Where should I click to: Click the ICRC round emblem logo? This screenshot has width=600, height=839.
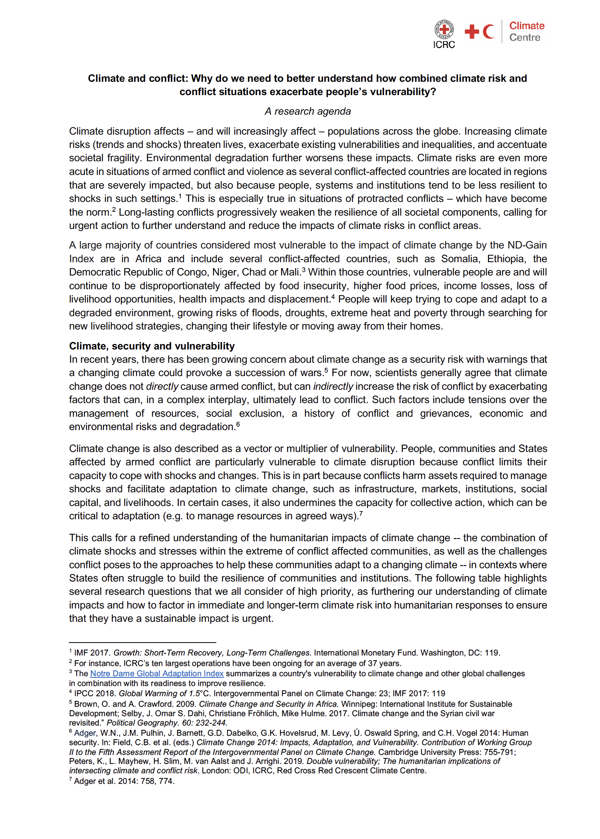click(444, 29)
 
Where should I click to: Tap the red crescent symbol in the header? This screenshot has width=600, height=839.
click(488, 32)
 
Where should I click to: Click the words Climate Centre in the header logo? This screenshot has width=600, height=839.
click(526, 32)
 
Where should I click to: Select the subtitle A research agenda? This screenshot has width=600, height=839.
click(307, 112)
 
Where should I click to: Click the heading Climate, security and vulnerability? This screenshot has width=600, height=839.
click(152, 346)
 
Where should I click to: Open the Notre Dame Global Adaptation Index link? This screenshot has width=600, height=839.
click(157, 673)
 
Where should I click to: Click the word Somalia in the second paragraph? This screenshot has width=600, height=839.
click(460, 259)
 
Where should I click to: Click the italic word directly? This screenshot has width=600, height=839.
click(162, 387)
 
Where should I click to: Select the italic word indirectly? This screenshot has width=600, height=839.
click(333, 387)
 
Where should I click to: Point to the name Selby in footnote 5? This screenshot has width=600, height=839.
click(132, 713)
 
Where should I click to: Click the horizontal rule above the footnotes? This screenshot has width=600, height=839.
click(142, 642)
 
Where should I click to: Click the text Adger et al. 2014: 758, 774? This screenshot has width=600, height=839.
click(124, 781)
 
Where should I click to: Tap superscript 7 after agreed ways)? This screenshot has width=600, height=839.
click(361, 513)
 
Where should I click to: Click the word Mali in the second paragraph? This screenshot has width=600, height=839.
click(291, 272)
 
